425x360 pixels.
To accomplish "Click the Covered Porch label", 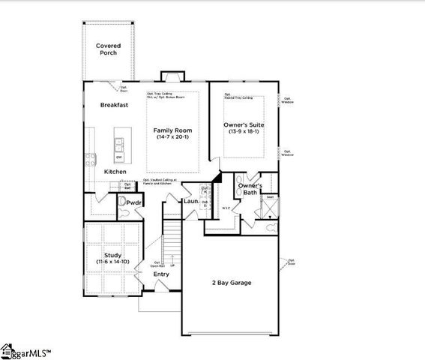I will pos(108,49).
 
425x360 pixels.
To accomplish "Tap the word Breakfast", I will pos(115,105).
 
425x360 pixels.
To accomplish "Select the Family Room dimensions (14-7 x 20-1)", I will pos(173,137).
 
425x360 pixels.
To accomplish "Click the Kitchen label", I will pos(115,172).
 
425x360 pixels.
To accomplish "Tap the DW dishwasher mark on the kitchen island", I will pos(119,157).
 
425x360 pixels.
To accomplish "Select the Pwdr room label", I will pos(134,202).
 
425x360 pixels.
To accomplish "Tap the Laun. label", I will pos(190,201).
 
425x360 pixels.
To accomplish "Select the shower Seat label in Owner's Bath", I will pos(271,197).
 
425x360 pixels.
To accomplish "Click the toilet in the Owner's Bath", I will pos(271,225).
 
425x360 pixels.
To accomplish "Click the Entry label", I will pos(161,274).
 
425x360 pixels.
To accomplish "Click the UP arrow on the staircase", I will pos(173,265).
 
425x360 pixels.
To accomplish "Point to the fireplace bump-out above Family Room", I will pos(172,76).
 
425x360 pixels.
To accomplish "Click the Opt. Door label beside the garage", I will pos(291,262).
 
